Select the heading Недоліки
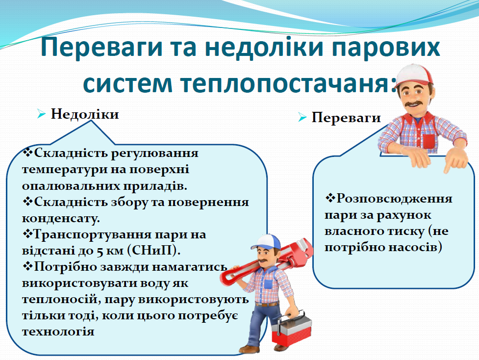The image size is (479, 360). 85,114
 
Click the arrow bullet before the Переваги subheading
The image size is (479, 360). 302,118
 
